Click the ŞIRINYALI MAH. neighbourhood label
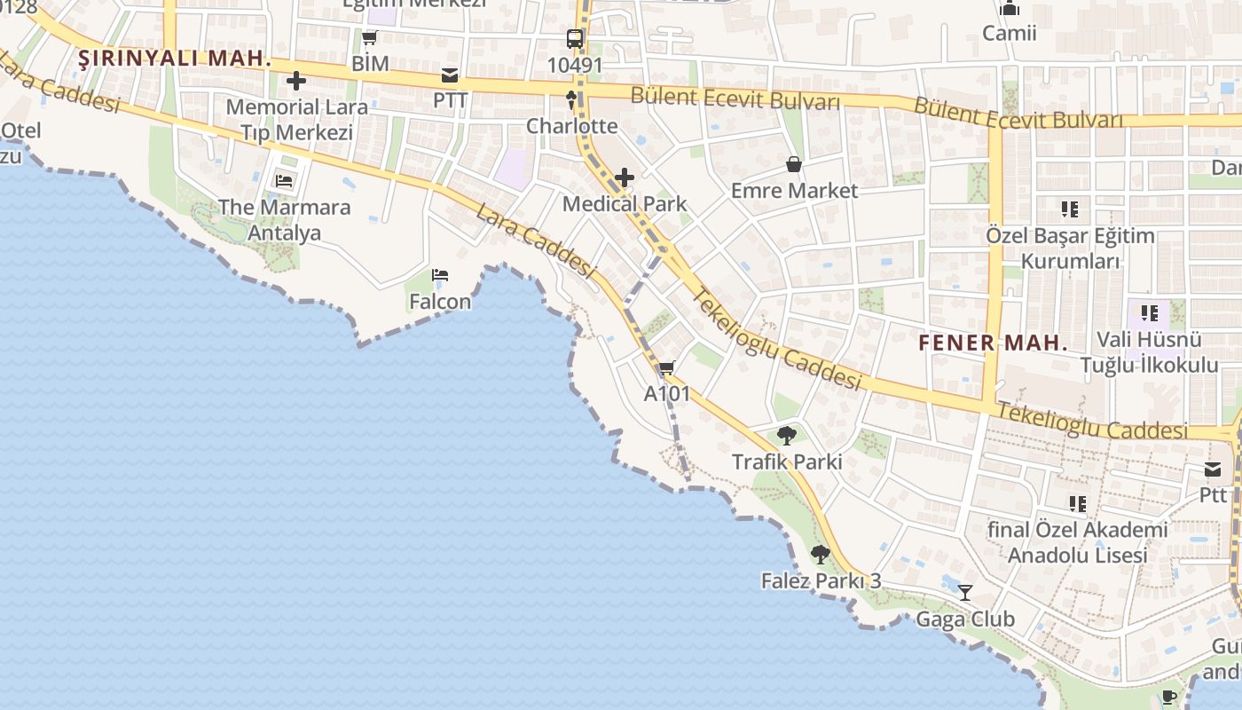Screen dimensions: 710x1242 [x=175, y=59]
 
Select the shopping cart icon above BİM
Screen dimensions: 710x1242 [x=370, y=37]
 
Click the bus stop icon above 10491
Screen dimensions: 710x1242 [x=575, y=39]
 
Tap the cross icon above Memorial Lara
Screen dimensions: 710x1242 [x=296, y=82]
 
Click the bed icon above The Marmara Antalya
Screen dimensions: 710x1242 [x=284, y=181]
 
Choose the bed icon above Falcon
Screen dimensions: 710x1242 [x=440, y=275]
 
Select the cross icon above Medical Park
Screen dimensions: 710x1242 [x=625, y=177]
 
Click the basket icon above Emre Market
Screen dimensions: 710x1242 [x=794, y=164]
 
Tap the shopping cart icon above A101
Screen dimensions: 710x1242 [x=666, y=367]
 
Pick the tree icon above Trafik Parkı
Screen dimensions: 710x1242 [x=786, y=435]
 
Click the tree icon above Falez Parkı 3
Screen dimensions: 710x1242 [x=821, y=555]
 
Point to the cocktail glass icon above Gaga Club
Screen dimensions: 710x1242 [x=965, y=592]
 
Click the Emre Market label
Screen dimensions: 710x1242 [x=794, y=191]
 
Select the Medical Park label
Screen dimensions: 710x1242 [x=625, y=204]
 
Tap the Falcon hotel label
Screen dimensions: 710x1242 [x=440, y=302]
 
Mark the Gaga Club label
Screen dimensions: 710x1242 [x=965, y=619]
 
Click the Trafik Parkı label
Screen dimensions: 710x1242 [x=786, y=461]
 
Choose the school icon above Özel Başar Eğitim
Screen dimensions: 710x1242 [x=1070, y=209]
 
